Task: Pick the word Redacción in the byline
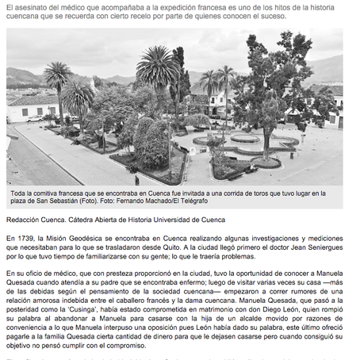click(25, 219)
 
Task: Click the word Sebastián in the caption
click(63, 201)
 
